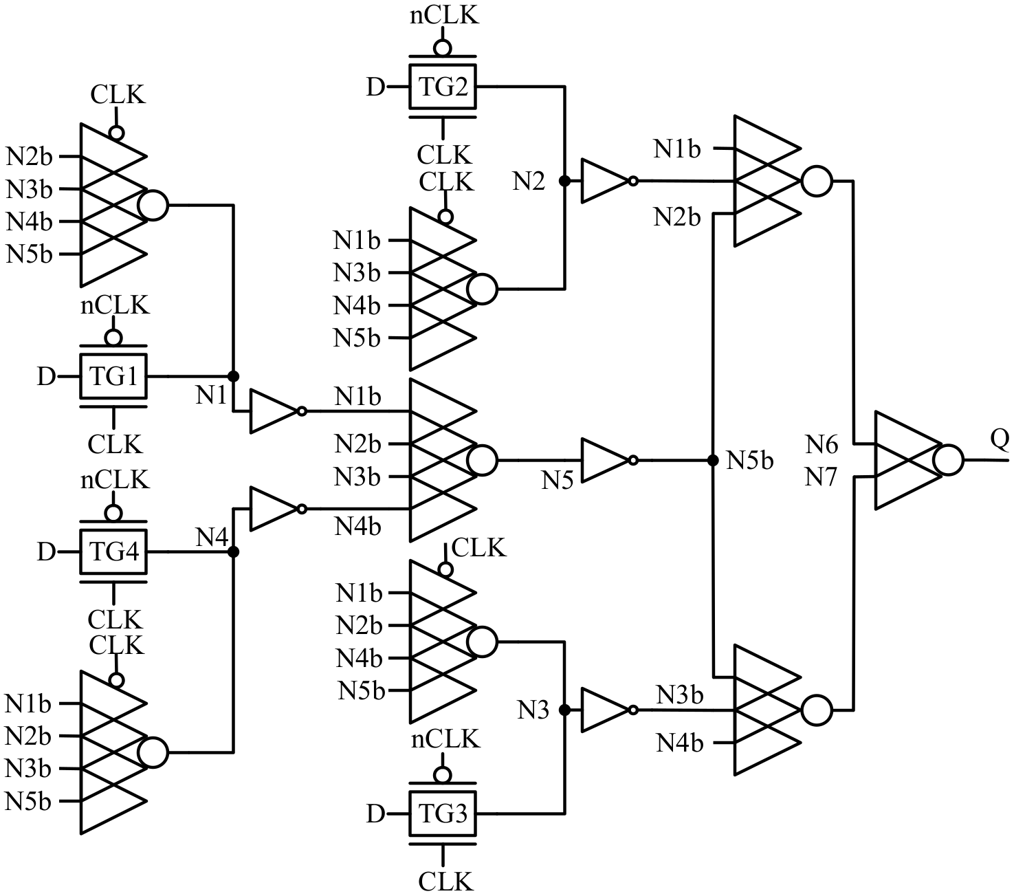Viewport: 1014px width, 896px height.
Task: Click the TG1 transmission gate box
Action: pos(114,377)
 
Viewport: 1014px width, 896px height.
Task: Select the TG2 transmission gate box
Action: pos(443,87)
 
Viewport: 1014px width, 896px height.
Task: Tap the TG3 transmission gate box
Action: pos(443,814)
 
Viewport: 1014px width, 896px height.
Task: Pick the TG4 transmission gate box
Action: pos(114,551)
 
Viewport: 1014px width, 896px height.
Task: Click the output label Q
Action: pos(999,438)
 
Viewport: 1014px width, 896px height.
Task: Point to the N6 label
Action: pos(822,446)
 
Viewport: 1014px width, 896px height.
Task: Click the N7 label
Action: pos(822,477)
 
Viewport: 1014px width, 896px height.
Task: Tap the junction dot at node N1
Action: pos(233,376)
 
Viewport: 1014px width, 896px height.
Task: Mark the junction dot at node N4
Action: pos(233,551)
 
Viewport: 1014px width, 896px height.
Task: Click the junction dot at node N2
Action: pos(564,181)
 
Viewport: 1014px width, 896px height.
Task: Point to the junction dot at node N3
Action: pos(564,710)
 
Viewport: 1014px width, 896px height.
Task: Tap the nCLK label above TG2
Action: pos(444,15)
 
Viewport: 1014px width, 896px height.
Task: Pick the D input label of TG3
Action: pos(375,815)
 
